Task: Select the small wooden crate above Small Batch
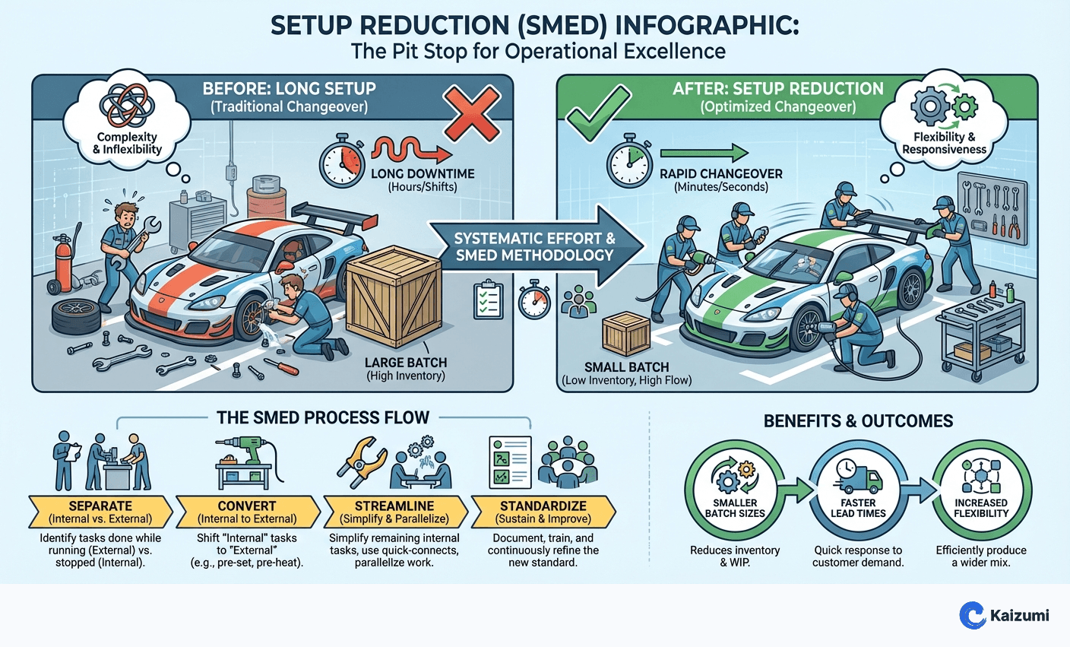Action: click(625, 334)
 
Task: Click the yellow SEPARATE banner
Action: click(100, 512)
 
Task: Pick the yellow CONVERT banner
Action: click(247, 512)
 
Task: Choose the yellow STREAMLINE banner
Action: click(394, 512)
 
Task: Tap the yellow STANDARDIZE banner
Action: click(543, 512)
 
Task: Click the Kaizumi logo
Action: click(1004, 615)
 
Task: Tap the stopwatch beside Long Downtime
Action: click(341, 162)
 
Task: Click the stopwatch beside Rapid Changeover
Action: click(628, 161)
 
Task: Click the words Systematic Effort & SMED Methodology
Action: click(534, 246)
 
